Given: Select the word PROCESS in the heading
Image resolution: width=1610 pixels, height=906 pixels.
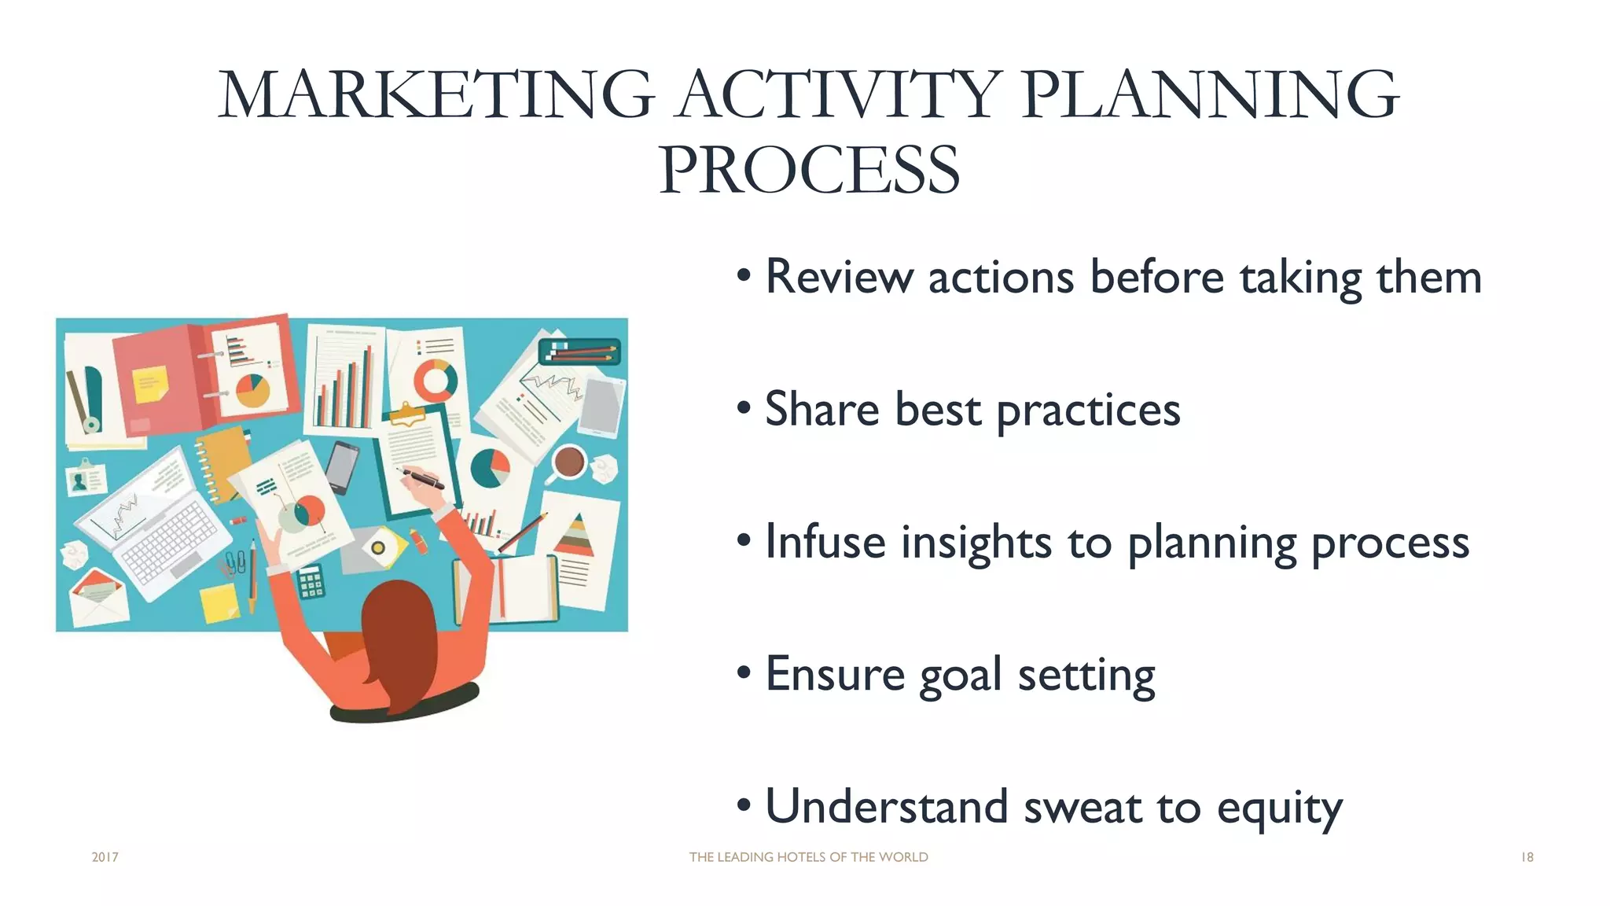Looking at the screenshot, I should pyautogui.click(x=809, y=171).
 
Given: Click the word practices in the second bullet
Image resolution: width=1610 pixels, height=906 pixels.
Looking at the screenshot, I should pyautogui.click(x=1088, y=411).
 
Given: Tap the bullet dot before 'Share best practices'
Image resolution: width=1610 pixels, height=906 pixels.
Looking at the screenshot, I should pyautogui.click(x=744, y=409).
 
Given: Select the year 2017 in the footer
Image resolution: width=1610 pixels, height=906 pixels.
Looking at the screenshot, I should pyautogui.click(x=105, y=857).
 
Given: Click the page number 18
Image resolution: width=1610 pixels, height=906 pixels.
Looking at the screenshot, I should pyautogui.click(x=1527, y=857).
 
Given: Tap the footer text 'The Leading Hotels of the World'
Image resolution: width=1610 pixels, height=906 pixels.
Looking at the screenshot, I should pyautogui.click(x=808, y=857).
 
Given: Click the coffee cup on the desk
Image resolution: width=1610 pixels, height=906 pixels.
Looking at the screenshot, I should pyautogui.click(x=569, y=462).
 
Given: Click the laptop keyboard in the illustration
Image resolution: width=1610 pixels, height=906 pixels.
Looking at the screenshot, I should pyautogui.click(x=169, y=543).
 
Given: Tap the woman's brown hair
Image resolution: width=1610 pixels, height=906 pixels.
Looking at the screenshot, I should pyautogui.click(x=400, y=629).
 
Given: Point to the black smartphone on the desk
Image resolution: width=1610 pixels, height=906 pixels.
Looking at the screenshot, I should pyautogui.click(x=342, y=466).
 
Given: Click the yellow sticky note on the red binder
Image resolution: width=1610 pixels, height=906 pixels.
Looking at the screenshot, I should pyautogui.click(x=150, y=384).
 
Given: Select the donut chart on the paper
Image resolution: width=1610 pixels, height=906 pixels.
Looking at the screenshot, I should pyautogui.click(x=436, y=380).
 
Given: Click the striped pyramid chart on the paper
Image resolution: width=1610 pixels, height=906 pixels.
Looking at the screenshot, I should pyautogui.click(x=576, y=536).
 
